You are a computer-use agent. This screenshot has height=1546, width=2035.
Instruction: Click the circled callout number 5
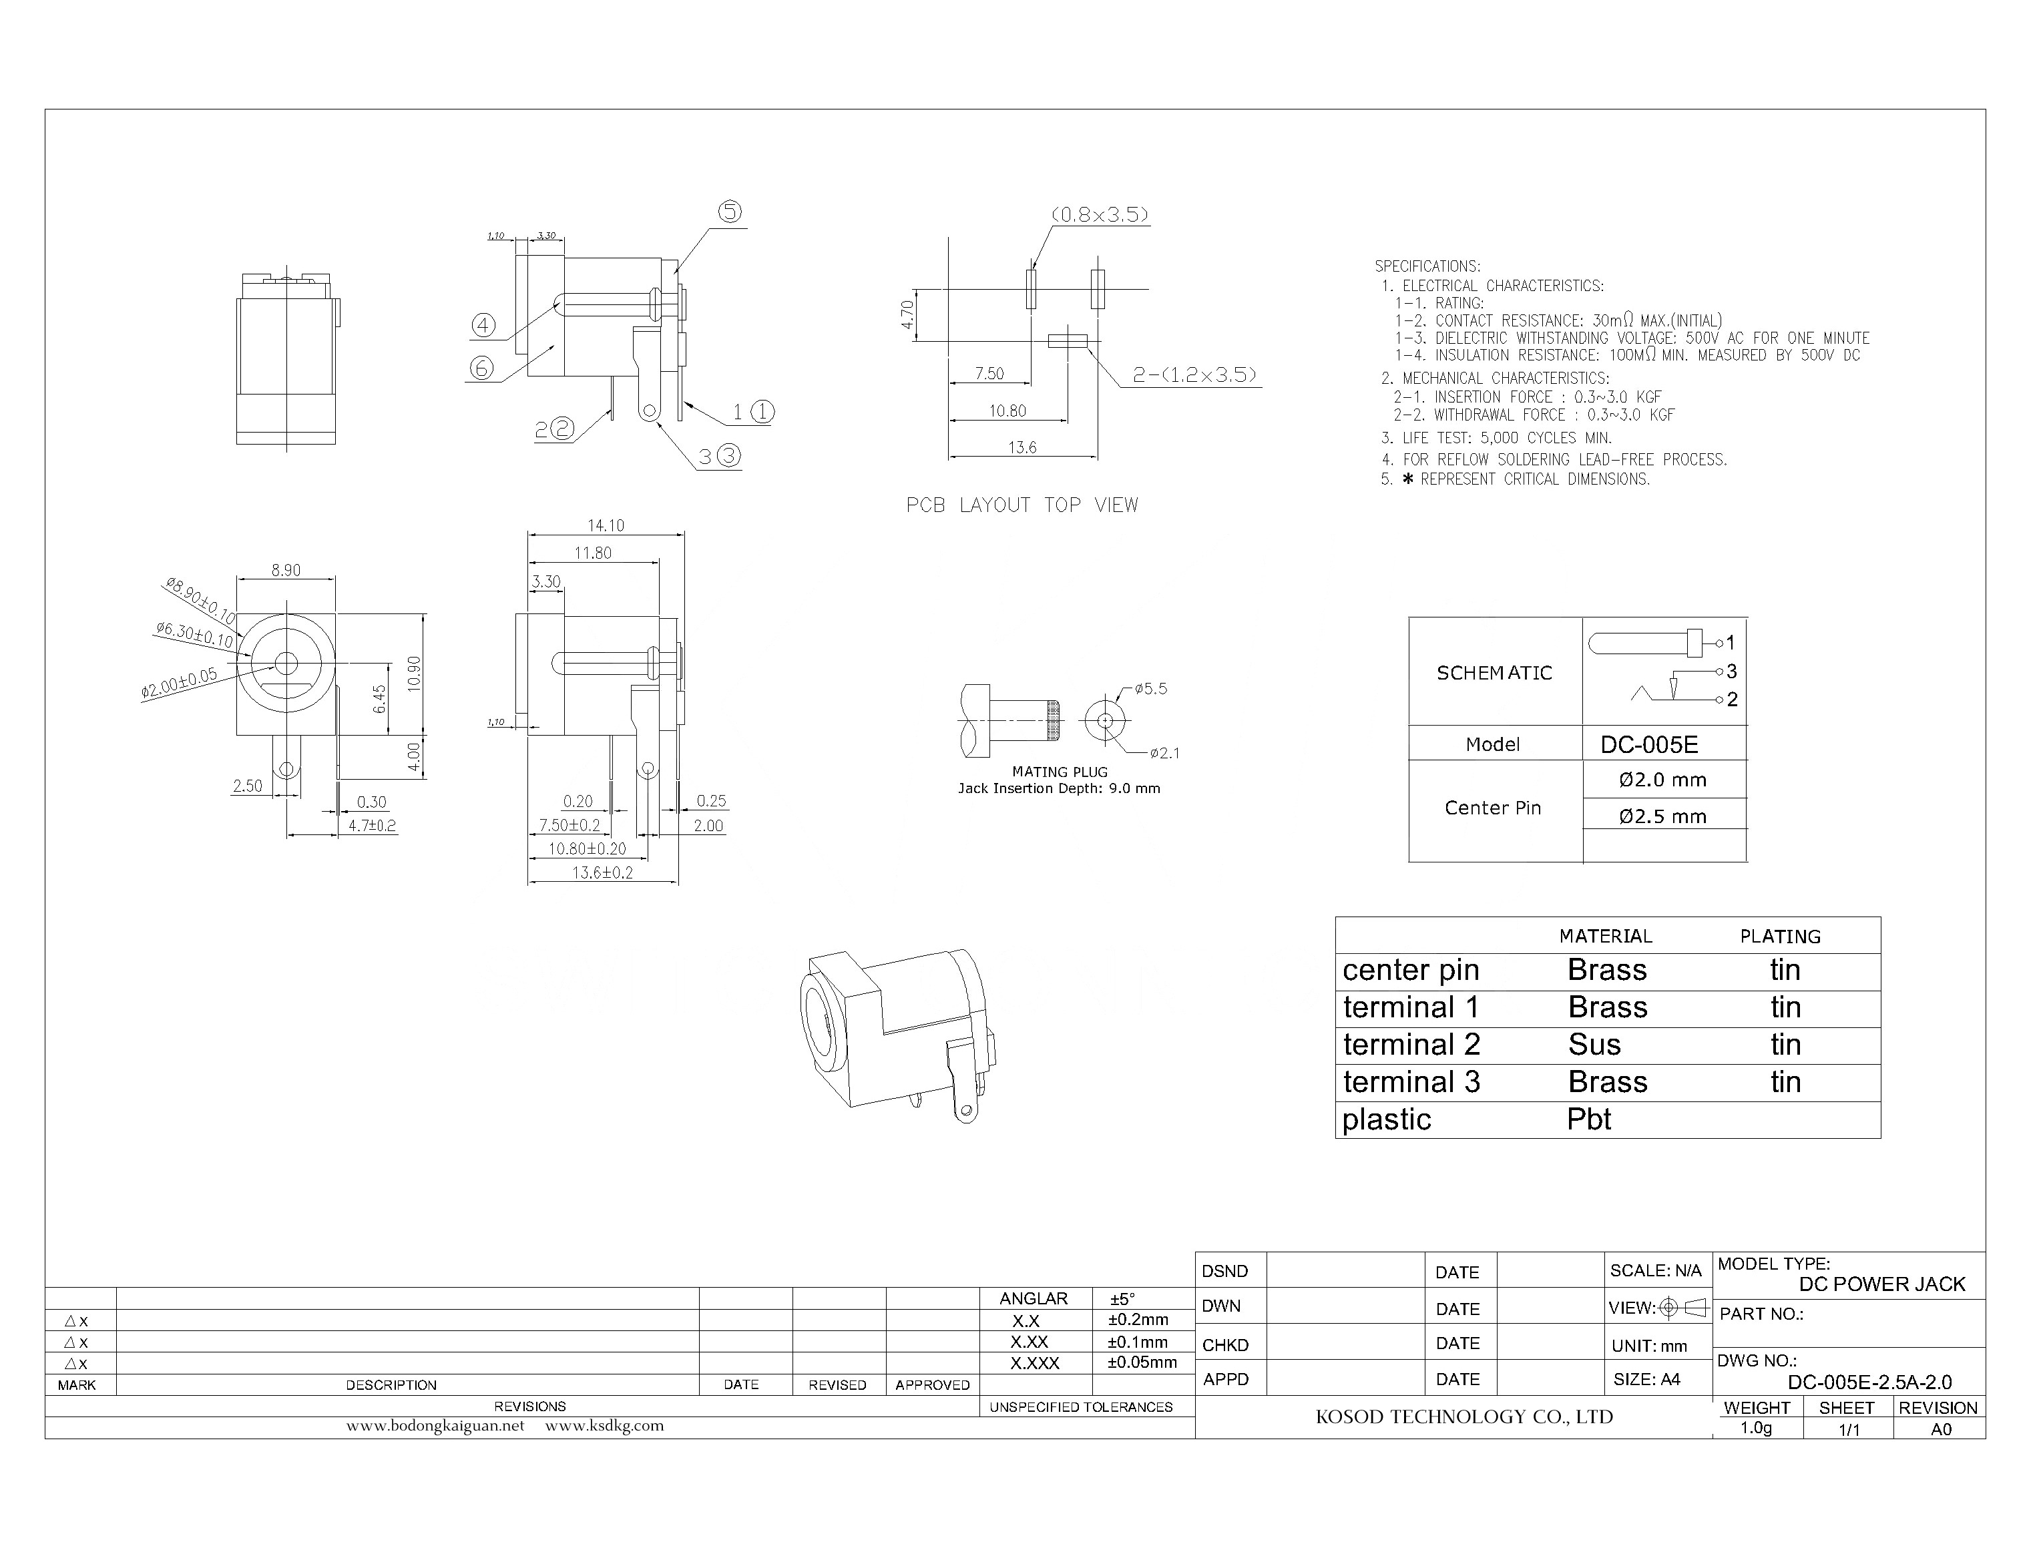click(x=729, y=212)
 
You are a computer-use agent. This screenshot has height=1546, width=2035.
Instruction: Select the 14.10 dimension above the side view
click(x=606, y=525)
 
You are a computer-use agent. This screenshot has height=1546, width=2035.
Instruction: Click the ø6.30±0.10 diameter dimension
click(x=194, y=634)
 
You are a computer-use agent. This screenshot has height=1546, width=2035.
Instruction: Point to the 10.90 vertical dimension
click(x=414, y=674)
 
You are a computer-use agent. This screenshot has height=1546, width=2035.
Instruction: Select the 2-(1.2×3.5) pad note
click(x=1194, y=374)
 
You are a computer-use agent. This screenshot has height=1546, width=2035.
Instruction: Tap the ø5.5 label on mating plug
click(x=1150, y=688)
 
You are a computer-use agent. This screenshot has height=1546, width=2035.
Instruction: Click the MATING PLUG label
click(x=1060, y=772)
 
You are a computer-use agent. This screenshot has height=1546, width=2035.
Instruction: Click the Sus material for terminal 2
click(x=1594, y=1045)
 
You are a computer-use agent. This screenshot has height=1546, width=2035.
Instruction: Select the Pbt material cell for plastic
click(x=1588, y=1119)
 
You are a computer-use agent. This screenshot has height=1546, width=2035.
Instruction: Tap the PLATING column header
click(x=1780, y=937)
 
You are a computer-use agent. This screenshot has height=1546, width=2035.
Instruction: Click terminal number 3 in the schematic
click(x=1731, y=671)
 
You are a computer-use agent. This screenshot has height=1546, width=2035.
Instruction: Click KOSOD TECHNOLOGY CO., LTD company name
click(x=1464, y=1417)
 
